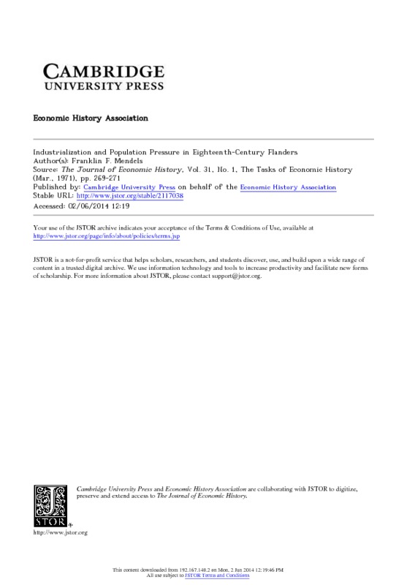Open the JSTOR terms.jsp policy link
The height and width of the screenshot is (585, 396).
pyautogui.click(x=108, y=237)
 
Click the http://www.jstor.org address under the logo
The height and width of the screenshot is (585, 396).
pyautogui.click(x=61, y=533)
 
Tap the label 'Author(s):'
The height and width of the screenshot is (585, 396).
pyautogui.click(x=52, y=161)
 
